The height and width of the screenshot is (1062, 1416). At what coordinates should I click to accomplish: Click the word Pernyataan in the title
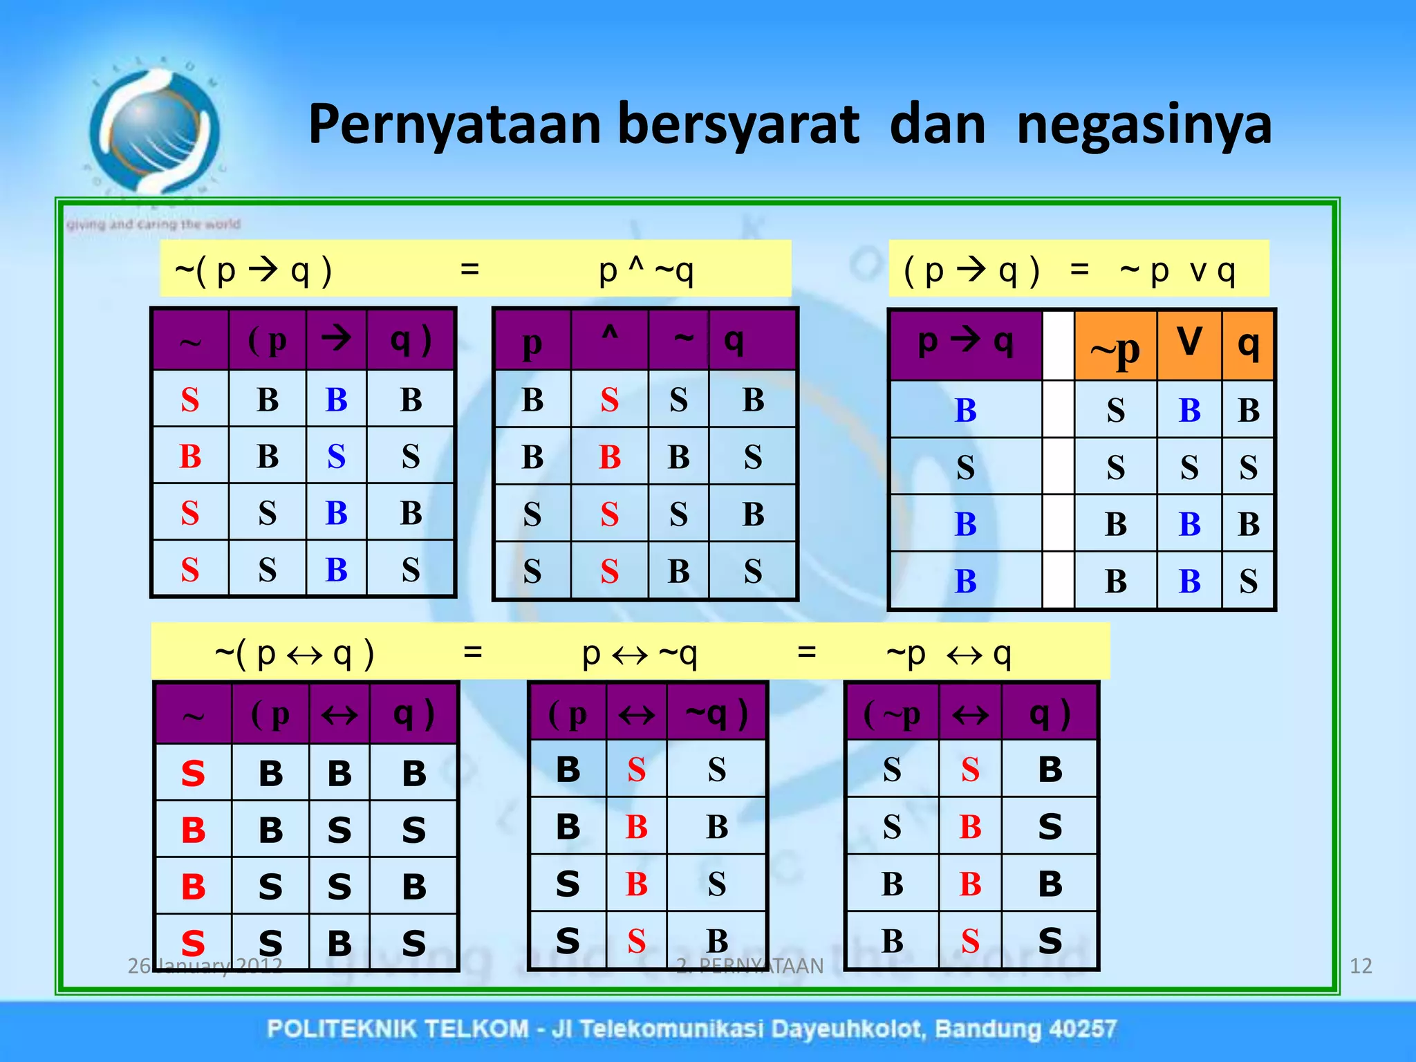[x=454, y=125]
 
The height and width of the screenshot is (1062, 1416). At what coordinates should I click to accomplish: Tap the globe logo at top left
[x=153, y=131]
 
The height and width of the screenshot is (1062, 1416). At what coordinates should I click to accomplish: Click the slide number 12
[x=1360, y=966]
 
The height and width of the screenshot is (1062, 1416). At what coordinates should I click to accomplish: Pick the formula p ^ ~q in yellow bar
[x=646, y=270]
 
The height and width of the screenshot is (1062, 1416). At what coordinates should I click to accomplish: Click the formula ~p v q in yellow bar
[x=1177, y=270]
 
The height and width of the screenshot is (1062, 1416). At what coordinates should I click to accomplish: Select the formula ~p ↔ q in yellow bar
[x=949, y=653]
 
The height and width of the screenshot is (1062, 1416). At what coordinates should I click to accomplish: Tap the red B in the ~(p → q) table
[x=190, y=456]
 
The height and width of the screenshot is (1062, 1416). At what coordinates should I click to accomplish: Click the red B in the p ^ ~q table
[x=609, y=457]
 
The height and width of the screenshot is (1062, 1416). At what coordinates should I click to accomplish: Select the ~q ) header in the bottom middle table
[x=716, y=714]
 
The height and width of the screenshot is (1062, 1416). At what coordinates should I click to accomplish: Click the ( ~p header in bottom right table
[x=892, y=714]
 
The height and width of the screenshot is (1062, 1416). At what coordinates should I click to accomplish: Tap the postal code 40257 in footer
[x=1081, y=1029]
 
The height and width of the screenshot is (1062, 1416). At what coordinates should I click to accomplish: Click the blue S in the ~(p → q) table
[x=336, y=456]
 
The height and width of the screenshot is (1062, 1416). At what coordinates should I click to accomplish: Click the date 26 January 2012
[x=205, y=966]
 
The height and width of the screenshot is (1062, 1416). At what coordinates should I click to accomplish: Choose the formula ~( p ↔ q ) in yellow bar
[x=295, y=653]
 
